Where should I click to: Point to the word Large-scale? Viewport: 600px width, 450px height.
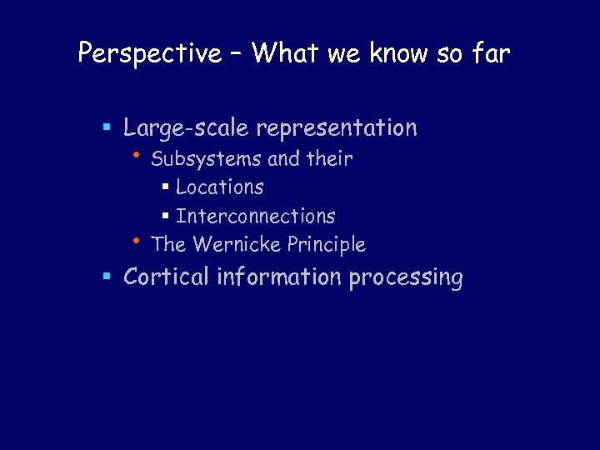tap(187, 128)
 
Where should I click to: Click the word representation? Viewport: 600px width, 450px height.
tap(337, 128)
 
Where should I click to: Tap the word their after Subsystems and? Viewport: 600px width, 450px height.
tap(330, 158)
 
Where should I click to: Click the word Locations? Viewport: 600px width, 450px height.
tap(220, 187)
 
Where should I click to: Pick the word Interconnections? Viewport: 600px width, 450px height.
tap(256, 216)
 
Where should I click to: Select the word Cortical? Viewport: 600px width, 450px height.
tap(166, 277)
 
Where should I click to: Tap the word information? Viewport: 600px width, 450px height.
tap(279, 277)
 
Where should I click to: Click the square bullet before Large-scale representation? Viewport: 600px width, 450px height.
tap(107, 128)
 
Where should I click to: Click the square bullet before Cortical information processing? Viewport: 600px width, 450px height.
tap(107, 277)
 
